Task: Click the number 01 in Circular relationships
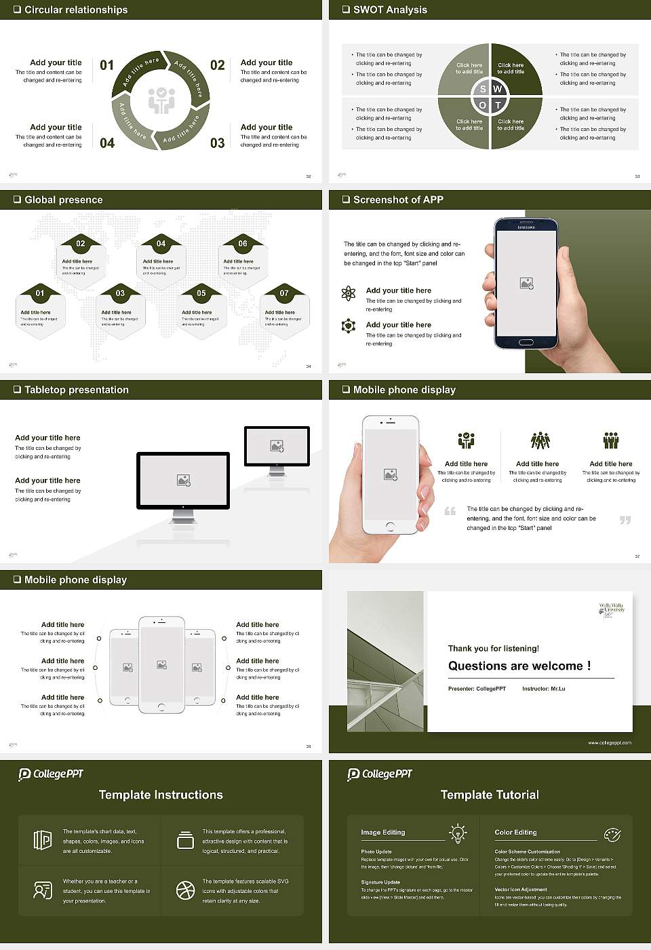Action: point(107,65)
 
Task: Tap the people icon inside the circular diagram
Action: point(161,100)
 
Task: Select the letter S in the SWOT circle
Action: point(483,89)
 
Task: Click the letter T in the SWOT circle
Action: point(498,105)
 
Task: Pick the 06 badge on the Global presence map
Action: point(243,244)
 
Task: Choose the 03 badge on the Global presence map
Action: point(120,293)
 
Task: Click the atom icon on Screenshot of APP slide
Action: point(349,293)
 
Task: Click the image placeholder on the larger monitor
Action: point(183,480)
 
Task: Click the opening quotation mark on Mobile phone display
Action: point(450,511)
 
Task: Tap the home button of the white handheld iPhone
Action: point(390,527)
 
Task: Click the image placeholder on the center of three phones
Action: point(161,665)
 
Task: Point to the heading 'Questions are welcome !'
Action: point(519,666)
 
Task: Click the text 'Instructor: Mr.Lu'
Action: point(543,689)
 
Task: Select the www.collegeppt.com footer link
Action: point(609,742)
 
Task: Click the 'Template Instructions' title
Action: point(161,795)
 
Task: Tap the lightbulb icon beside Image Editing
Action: point(458,833)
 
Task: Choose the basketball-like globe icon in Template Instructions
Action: point(185,890)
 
